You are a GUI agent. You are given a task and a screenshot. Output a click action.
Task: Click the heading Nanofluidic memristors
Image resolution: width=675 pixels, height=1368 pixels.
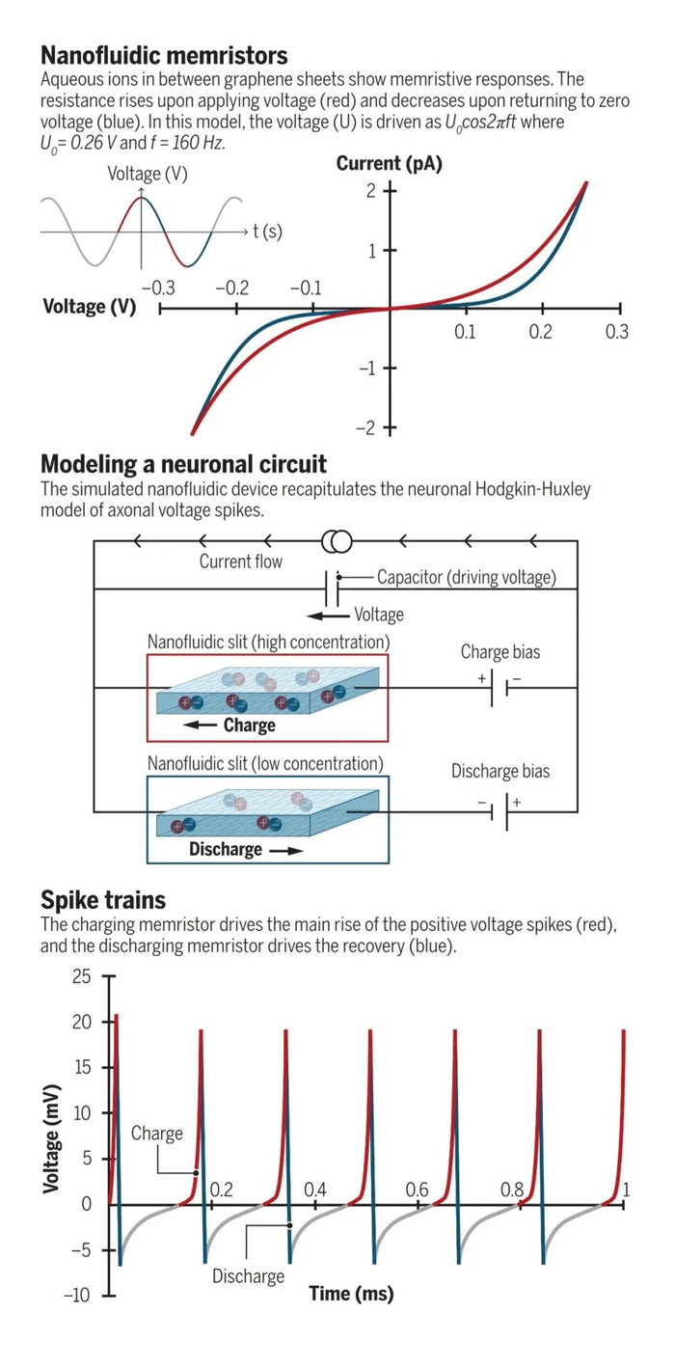click(x=164, y=56)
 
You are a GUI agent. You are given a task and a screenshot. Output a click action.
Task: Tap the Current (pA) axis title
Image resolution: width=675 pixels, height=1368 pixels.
click(x=390, y=164)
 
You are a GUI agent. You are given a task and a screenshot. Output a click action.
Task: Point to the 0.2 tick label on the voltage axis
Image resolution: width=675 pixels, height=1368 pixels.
click(x=541, y=332)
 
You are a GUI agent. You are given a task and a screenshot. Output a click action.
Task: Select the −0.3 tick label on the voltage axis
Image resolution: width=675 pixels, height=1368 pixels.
click(x=159, y=287)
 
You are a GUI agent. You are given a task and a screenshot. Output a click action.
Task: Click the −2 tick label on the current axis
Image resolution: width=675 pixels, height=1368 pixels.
click(x=366, y=428)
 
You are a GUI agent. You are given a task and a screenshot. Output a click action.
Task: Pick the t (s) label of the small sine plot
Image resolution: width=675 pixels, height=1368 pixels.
click(x=267, y=232)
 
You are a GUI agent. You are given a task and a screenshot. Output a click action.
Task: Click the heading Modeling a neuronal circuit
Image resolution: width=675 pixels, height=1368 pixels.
click(x=184, y=464)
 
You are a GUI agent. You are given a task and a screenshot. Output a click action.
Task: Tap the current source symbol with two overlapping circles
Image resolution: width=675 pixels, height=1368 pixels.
click(x=337, y=541)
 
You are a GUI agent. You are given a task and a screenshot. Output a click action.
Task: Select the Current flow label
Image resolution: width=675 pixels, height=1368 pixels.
click(x=241, y=561)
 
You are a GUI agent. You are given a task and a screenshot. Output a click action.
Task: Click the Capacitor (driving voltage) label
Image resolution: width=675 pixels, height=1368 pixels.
click(x=467, y=577)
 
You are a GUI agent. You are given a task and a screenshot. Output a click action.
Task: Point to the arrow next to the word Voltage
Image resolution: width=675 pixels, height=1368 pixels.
click(x=329, y=616)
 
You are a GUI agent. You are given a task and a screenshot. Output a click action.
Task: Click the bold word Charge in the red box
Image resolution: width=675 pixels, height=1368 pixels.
click(x=250, y=725)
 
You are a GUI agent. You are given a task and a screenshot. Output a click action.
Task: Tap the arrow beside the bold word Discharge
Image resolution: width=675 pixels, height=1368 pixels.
click(x=286, y=851)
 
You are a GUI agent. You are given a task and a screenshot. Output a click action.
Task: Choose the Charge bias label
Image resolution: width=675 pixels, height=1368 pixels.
click(x=500, y=652)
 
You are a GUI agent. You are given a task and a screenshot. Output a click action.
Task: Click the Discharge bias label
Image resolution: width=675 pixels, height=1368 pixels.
click(x=500, y=772)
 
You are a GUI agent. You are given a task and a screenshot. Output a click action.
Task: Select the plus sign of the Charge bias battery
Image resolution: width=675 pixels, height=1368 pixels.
click(x=481, y=678)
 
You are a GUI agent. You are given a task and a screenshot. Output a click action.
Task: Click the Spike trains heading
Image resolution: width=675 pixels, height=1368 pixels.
click(x=103, y=900)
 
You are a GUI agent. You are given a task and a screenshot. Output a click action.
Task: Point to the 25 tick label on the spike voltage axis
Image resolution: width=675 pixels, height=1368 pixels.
click(x=81, y=976)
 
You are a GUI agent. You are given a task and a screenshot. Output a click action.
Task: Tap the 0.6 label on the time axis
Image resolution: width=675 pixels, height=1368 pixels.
click(x=417, y=1190)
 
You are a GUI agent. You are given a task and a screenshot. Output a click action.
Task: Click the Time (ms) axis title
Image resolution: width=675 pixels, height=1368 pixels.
click(x=352, y=1294)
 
